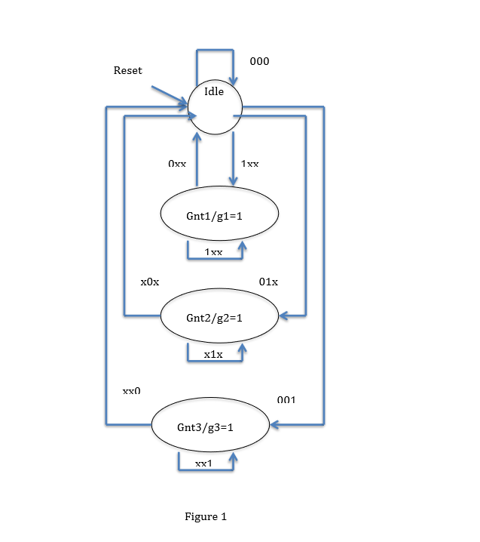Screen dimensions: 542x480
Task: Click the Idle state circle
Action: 216,108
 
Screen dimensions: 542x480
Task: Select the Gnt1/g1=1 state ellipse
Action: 219,214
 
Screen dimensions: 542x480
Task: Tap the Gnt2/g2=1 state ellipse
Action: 219,316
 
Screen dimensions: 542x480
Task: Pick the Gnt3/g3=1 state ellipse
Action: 211,426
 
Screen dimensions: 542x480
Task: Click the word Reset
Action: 127,71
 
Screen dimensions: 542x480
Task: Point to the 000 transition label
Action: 259,62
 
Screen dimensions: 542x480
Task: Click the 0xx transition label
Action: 177,163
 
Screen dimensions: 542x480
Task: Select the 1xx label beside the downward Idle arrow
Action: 249,163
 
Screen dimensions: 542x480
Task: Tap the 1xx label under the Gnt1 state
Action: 213,252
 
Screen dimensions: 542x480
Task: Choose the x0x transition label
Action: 150,282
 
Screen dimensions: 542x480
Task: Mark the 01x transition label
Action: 268,282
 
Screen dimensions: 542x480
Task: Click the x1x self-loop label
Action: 213,355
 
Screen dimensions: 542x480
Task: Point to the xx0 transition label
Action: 132,391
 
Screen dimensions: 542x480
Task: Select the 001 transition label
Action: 286,399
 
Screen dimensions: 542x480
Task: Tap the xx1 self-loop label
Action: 204,463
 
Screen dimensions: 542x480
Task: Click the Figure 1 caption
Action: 206,517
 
